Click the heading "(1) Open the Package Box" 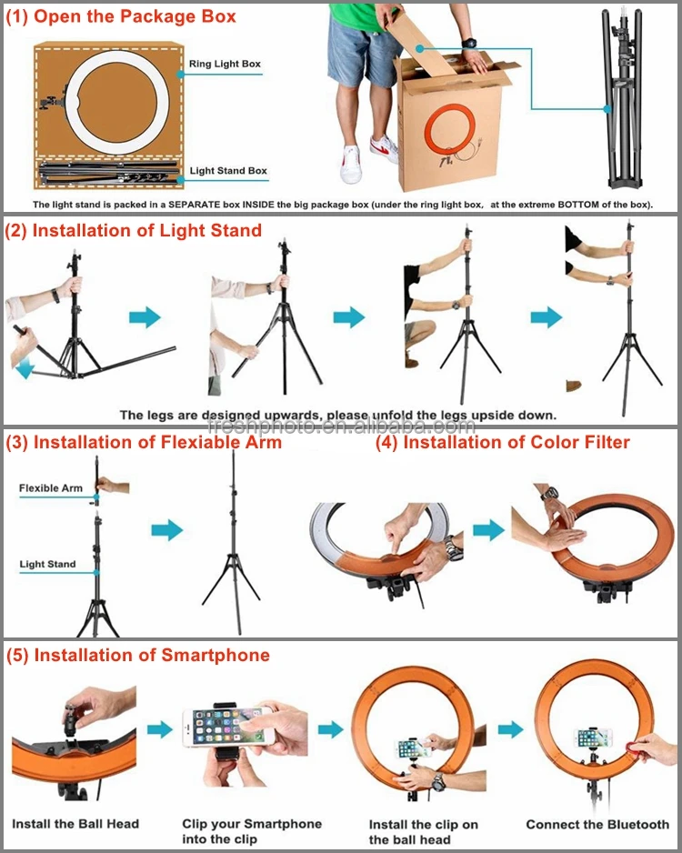point(121,16)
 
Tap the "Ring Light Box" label point(225,65)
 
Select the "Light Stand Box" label point(228,171)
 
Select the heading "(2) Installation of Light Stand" point(134,230)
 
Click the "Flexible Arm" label point(50,488)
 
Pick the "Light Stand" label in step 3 point(47,565)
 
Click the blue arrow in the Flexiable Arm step point(166,531)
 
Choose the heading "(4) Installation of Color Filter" point(502,443)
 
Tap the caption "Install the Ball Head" point(75,824)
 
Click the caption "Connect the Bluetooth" point(597,824)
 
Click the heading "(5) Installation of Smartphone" point(137,655)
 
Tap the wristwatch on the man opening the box point(469,43)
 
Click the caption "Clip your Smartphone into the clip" point(252,831)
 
